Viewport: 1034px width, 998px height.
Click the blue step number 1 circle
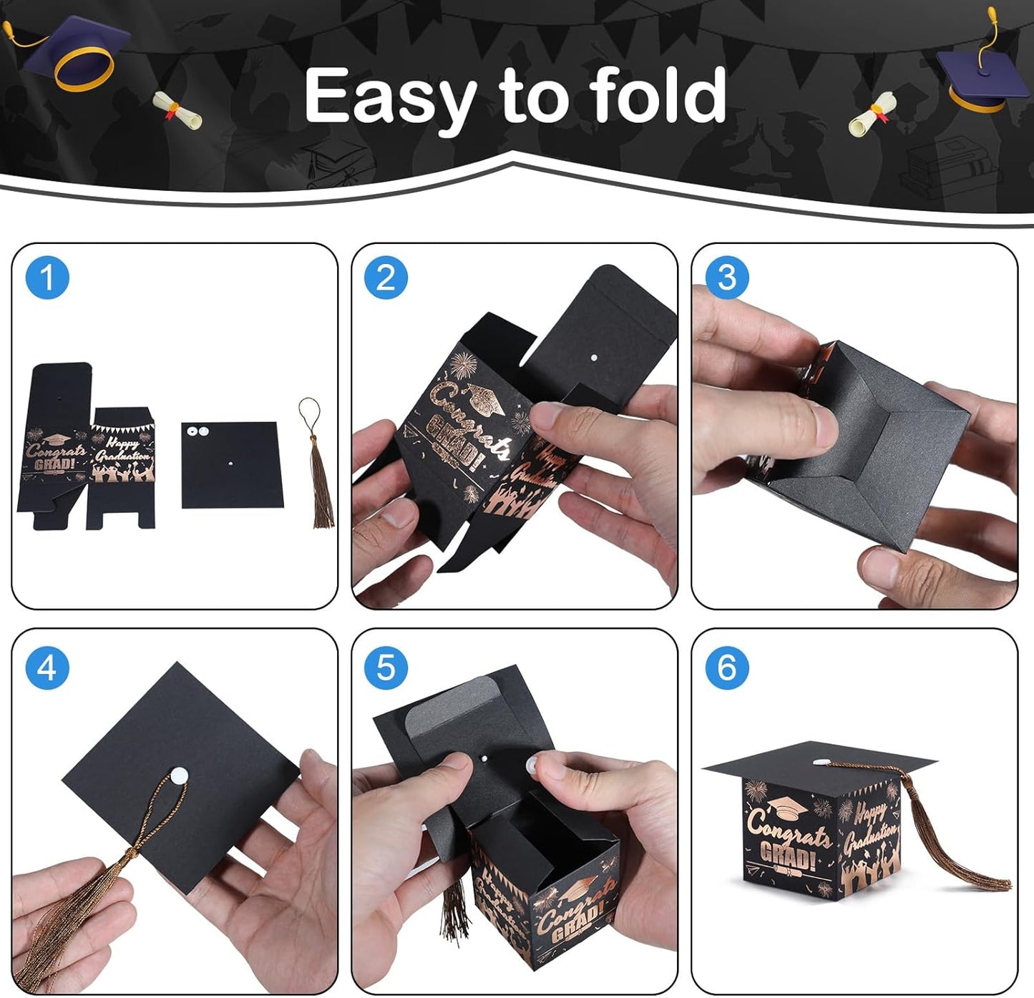(x=47, y=278)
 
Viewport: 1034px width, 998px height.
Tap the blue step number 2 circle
(x=386, y=278)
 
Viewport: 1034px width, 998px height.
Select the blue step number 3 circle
(x=726, y=278)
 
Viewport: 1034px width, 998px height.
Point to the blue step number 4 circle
(x=47, y=668)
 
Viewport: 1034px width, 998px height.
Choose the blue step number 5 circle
(x=386, y=668)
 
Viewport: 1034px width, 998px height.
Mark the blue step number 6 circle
(x=726, y=668)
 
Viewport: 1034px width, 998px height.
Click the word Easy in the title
(x=391, y=97)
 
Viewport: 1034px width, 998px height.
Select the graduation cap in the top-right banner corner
(x=980, y=75)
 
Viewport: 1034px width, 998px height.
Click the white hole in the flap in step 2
(x=592, y=355)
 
